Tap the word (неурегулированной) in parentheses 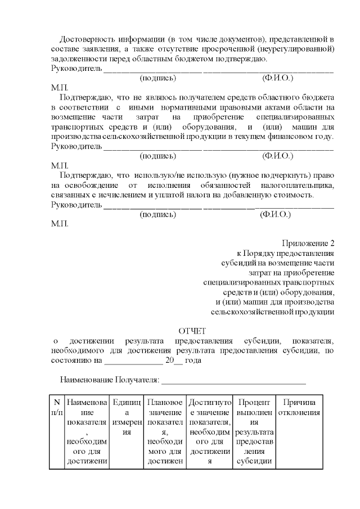click(301, 49)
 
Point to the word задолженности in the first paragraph click(77, 59)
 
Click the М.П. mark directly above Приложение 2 click(60, 224)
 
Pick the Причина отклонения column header click(299, 408)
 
